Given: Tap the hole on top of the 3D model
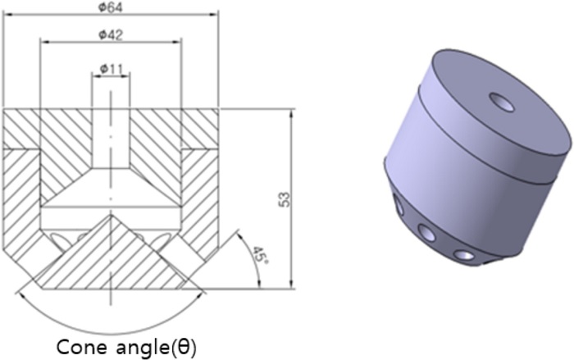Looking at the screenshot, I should [500, 101].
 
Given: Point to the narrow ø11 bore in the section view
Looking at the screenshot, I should [110, 131].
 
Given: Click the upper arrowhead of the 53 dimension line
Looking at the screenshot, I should [293, 112].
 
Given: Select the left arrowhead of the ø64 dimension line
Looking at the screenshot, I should [6, 15].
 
